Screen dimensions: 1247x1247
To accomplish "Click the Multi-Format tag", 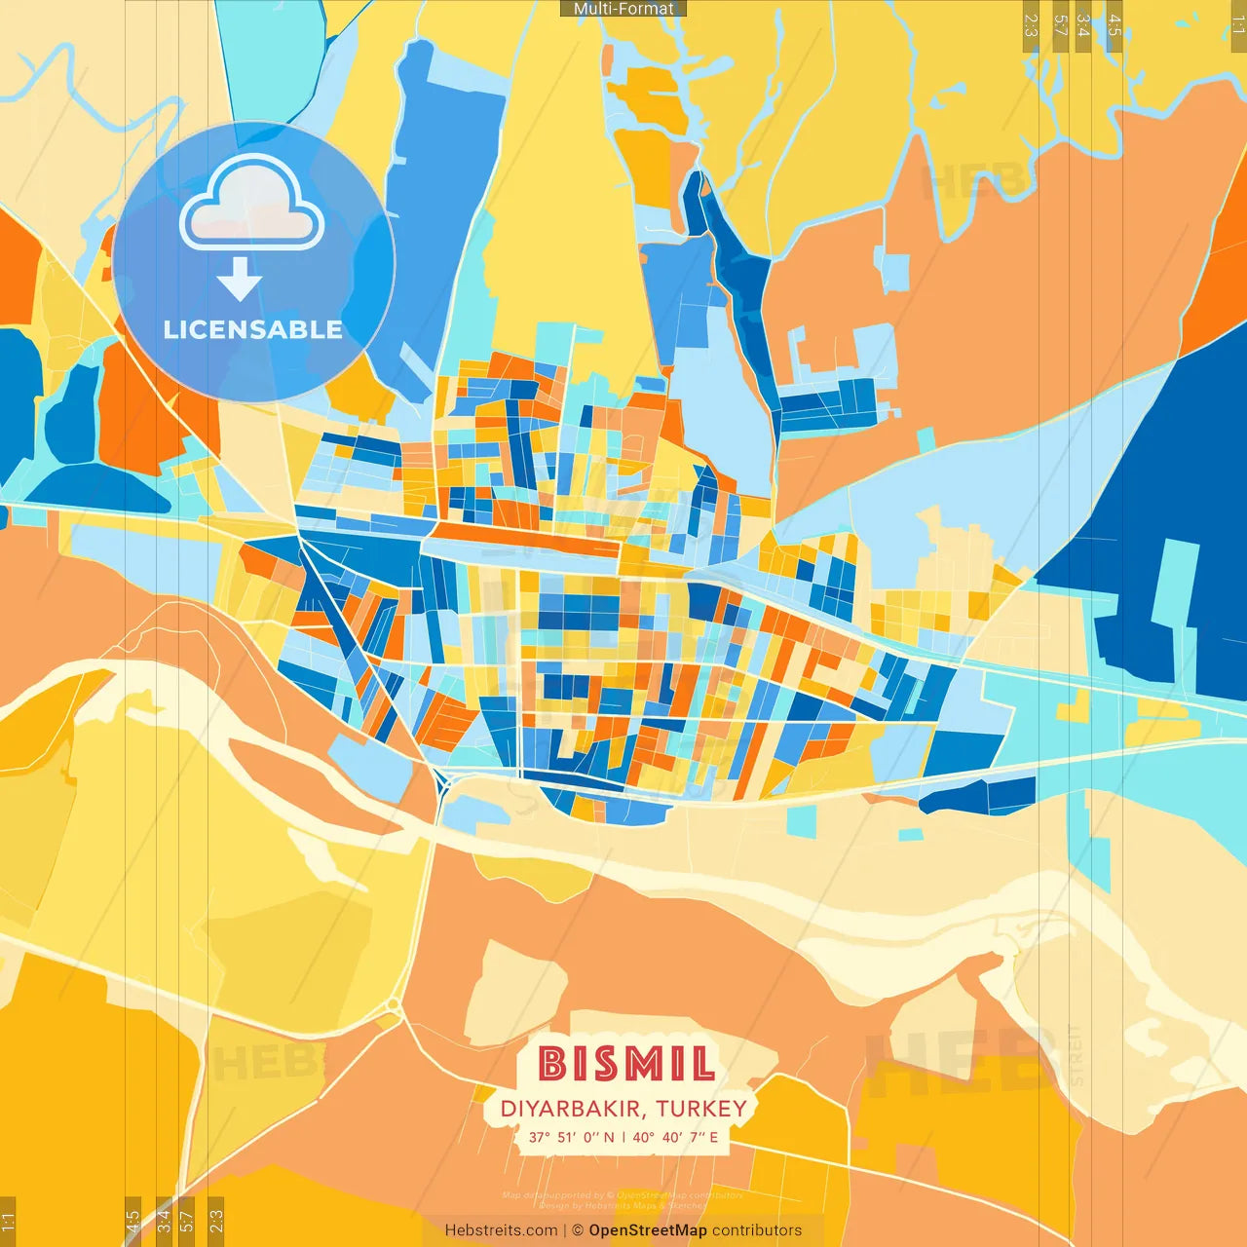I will coord(623,9).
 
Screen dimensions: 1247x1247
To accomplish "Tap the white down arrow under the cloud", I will coord(240,279).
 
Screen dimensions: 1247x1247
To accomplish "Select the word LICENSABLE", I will coord(252,330).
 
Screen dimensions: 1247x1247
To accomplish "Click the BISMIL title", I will coord(626,1064).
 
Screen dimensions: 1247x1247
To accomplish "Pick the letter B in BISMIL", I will coord(552,1064).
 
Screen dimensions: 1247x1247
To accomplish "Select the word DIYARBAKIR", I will coord(571,1109).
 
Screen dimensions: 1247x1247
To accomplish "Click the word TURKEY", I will coord(701,1109).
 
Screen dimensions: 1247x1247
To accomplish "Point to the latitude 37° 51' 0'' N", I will coord(572,1137).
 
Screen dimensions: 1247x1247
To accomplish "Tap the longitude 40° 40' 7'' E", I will coord(675,1137).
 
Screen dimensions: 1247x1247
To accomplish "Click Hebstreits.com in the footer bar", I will coord(501,1230).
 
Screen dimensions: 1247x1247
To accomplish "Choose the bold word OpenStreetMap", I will coord(648,1230).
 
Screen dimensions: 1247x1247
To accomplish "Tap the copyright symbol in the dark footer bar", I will coord(578,1230).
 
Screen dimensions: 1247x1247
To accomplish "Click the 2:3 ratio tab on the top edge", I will coord(1031,24).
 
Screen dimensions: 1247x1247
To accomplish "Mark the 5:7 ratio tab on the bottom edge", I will coord(187,1221).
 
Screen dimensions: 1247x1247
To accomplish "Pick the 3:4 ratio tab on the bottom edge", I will coord(164,1221).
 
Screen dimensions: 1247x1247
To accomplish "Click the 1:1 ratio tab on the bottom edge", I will coord(8,1221).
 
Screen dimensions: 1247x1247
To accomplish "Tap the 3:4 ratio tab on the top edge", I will coord(1082,24).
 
